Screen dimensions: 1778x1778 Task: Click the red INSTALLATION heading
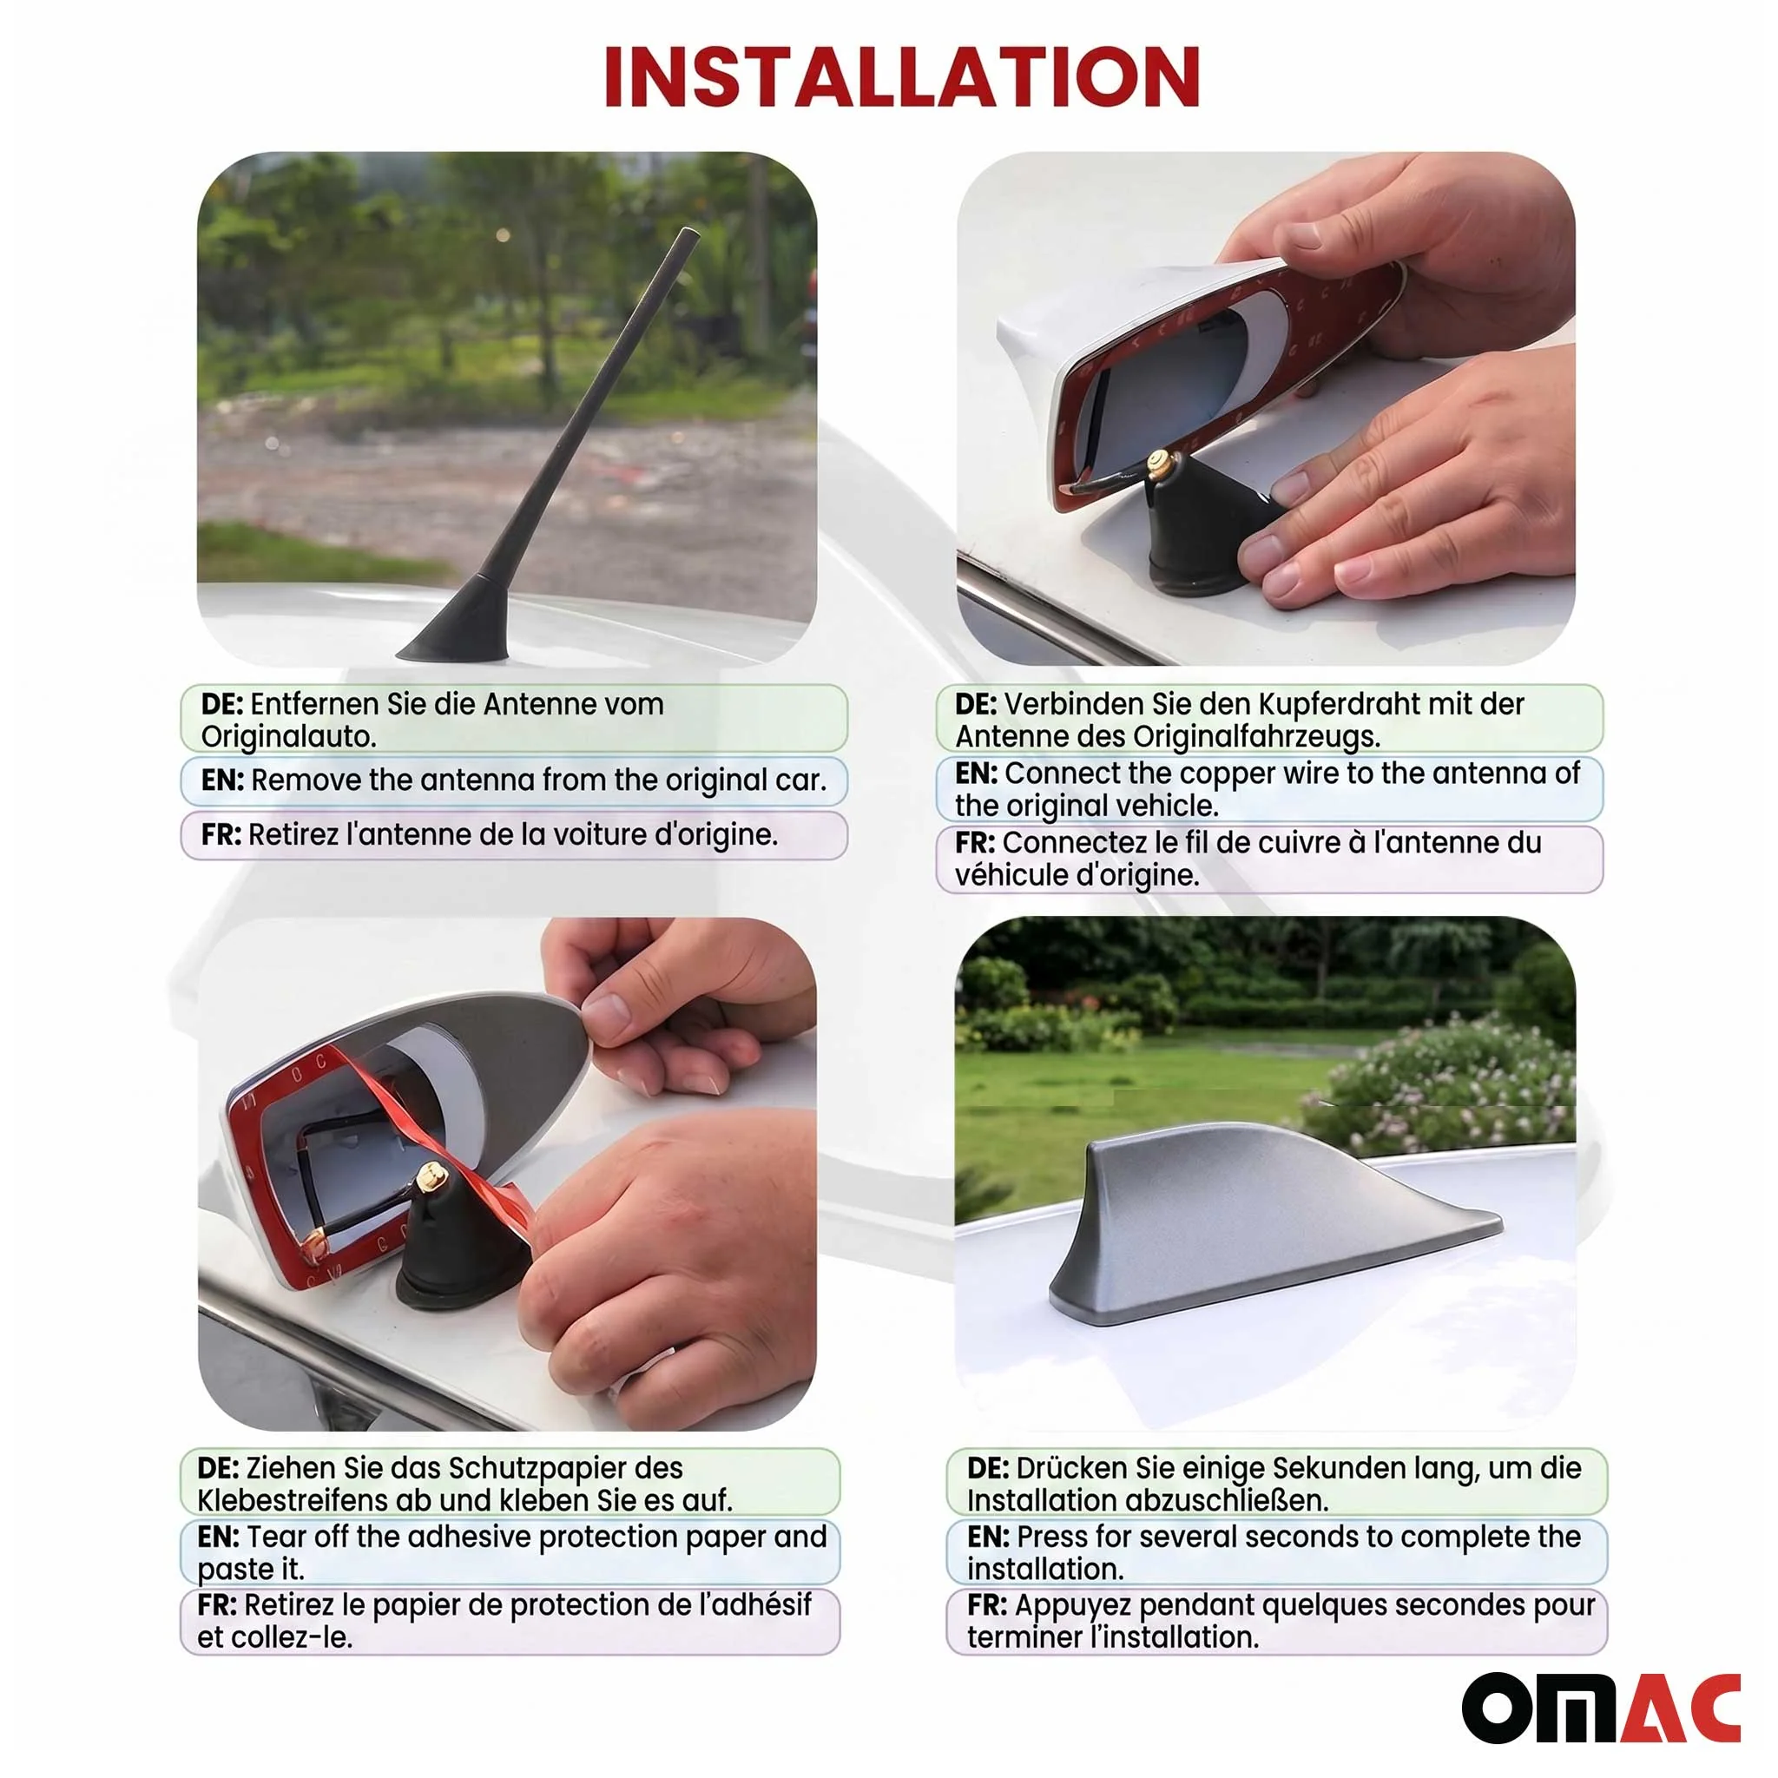coord(902,77)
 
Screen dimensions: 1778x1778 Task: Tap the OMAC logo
coord(1600,1708)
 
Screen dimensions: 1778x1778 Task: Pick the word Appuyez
coord(1072,1606)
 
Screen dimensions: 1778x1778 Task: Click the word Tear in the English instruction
coord(276,1537)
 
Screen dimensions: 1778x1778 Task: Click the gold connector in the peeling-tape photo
coord(429,1176)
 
